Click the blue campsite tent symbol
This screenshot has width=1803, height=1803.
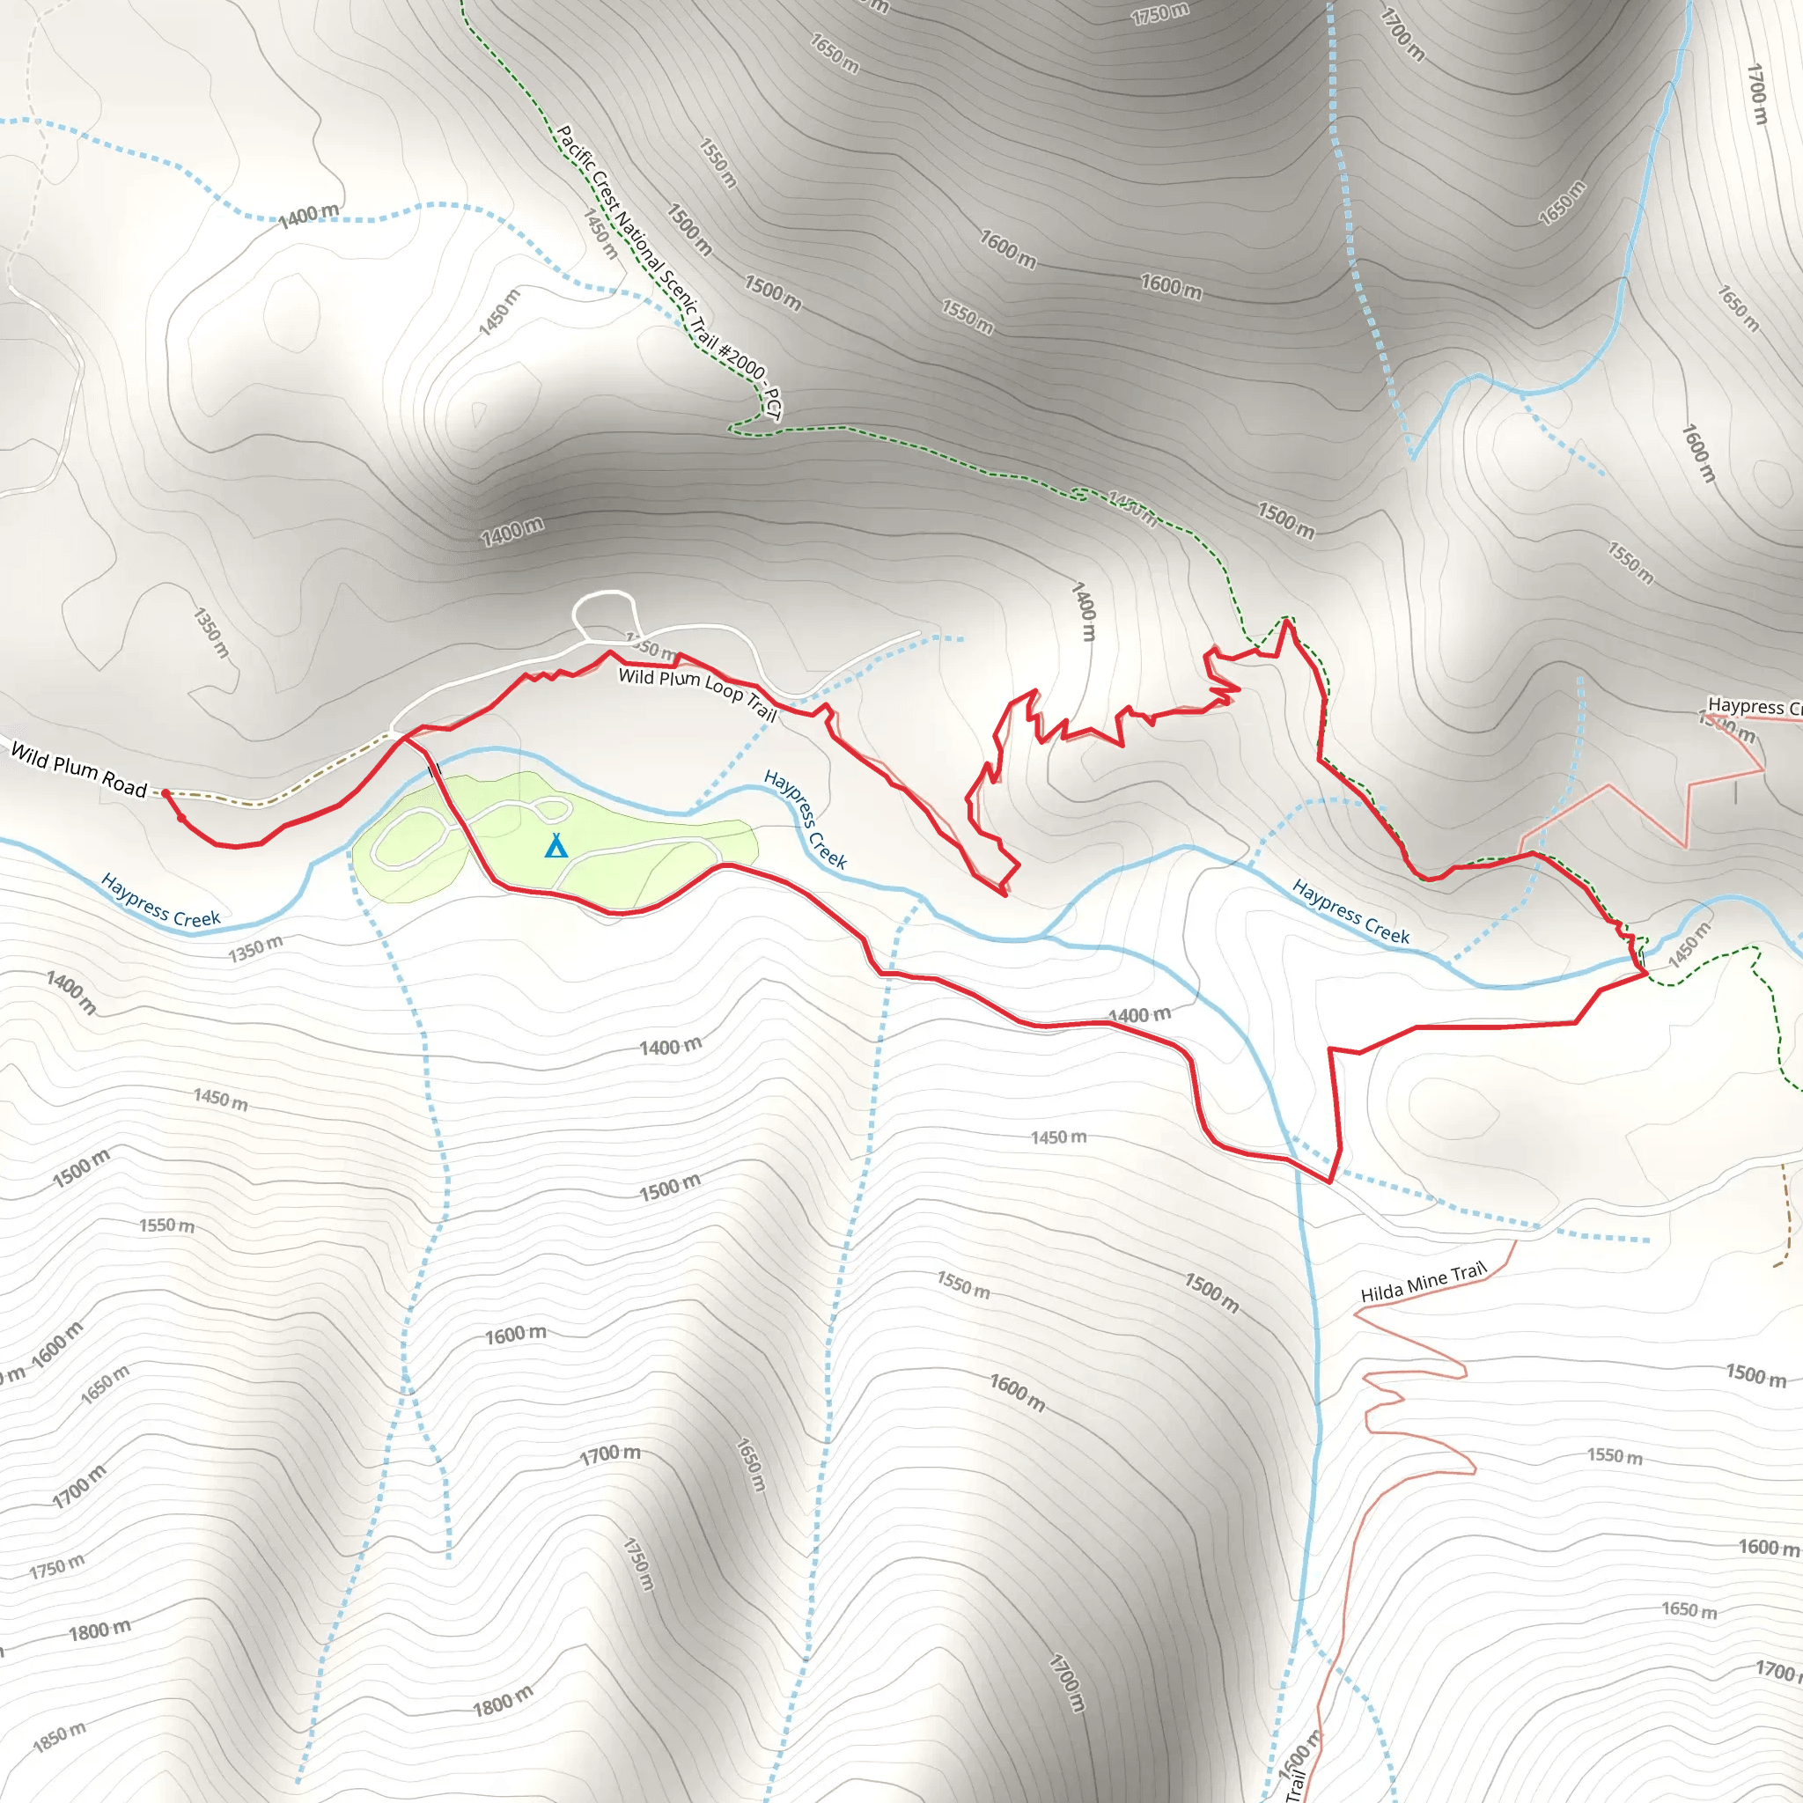click(x=556, y=845)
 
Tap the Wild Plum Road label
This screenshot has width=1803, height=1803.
click(x=79, y=770)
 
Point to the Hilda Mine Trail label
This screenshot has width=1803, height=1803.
click(x=1423, y=1282)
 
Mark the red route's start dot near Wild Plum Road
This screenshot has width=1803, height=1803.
click(x=166, y=793)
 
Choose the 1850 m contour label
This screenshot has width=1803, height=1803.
click(x=59, y=1737)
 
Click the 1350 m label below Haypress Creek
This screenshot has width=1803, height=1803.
click(x=255, y=949)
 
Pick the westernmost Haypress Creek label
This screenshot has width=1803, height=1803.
click(x=160, y=901)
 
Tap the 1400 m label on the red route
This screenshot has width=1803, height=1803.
click(x=1139, y=1015)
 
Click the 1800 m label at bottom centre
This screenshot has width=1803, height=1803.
click(x=503, y=1701)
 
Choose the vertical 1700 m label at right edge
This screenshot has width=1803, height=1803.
click(x=1756, y=93)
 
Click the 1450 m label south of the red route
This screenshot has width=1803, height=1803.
click(x=1058, y=1137)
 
